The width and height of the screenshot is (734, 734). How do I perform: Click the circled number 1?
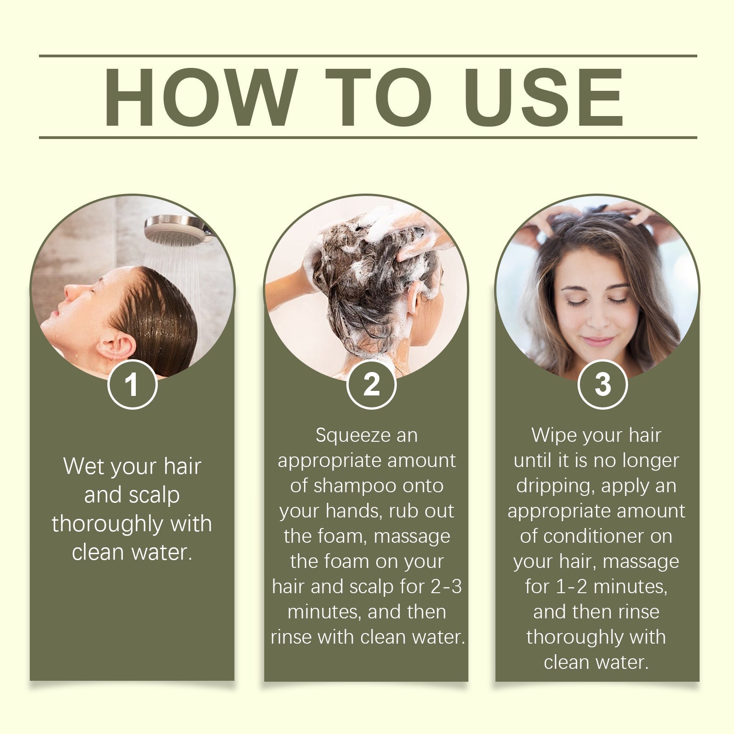point(132,384)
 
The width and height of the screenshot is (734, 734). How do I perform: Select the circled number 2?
point(371,384)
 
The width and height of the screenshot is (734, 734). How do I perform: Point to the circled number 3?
point(602,384)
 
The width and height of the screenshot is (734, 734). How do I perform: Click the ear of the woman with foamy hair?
point(415,298)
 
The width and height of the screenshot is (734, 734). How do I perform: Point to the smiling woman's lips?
point(597,341)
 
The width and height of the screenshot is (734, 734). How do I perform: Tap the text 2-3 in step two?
point(446,587)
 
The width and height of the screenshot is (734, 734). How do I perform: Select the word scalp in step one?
point(154,495)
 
